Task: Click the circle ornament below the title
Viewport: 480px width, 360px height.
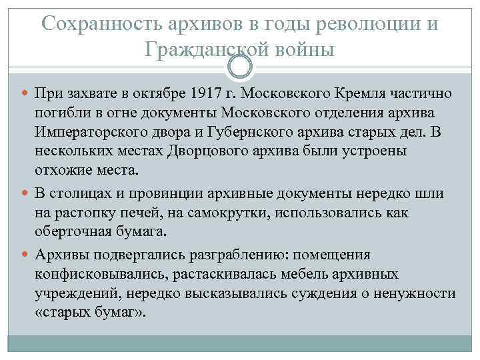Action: point(240,65)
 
